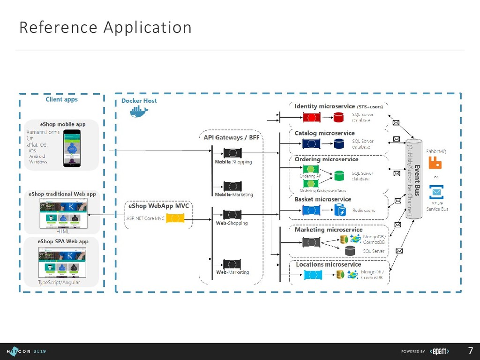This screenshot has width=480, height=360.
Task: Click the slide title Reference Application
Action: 105,27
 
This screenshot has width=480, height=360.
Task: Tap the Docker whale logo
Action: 139,112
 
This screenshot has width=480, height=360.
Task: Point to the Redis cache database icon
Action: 339,210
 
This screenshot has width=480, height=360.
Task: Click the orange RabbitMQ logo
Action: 436,163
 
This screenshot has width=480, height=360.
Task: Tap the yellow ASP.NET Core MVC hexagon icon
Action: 175,218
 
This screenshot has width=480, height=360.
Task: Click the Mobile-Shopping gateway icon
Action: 232,153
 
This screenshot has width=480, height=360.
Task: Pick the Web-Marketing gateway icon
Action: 232,264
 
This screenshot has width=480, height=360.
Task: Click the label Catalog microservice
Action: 324,133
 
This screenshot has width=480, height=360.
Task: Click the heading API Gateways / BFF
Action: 231,137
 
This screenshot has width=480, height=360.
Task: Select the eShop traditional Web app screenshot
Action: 63,213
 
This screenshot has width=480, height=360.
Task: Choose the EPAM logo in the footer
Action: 440,351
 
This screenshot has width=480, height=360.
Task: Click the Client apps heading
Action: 61,99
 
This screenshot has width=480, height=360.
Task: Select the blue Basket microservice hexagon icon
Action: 311,210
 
